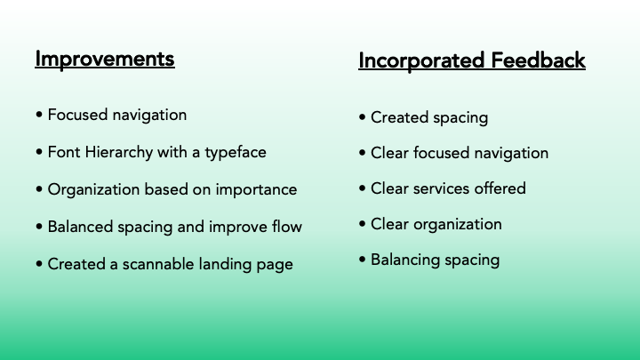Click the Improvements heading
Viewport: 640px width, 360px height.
[x=105, y=60]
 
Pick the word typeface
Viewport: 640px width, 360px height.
[x=235, y=153]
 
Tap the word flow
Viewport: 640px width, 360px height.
[x=285, y=227]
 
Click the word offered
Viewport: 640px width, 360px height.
[x=500, y=188]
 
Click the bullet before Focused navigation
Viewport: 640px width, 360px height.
[x=39, y=116]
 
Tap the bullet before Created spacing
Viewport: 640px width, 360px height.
[x=362, y=118]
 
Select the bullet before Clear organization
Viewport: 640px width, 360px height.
[x=362, y=225]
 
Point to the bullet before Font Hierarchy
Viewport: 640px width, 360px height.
[x=39, y=153]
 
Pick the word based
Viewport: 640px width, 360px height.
[x=164, y=190]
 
